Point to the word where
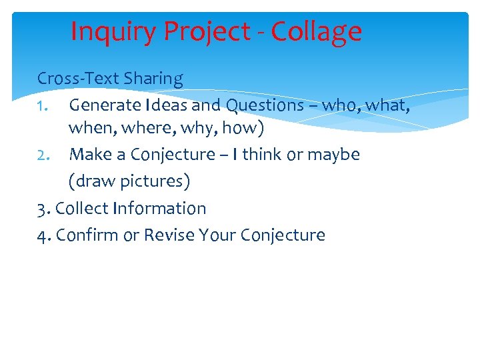tap(141, 127)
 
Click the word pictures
tap(155, 181)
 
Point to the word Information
tap(159, 208)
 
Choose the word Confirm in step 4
tap(87, 235)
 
